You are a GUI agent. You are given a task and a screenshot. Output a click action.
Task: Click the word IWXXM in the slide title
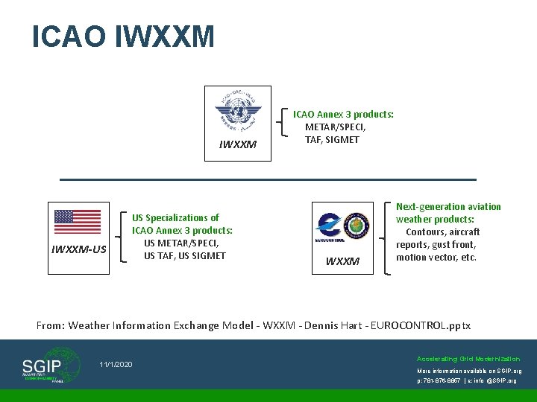pyautogui.click(x=165, y=36)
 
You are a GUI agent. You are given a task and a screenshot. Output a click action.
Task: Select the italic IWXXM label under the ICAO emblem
pyautogui.click(x=238, y=144)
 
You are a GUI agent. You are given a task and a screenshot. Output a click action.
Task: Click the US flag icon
pyautogui.click(x=78, y=221)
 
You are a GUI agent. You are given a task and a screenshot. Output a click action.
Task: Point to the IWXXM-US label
pyautogui.click(x=78, y=249)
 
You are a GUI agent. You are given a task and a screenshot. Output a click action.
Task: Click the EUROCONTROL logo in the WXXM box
pyautogui.click(x=329, y=226)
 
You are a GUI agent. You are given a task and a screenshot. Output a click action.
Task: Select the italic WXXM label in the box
pyautogui.click(x=342, y=261)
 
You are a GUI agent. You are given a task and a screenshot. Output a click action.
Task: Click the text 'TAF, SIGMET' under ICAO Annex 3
pyautogui.click(x=332, y=139)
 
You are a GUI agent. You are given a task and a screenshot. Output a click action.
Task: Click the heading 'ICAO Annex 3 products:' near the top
pyautogui.click(x=343, y=114)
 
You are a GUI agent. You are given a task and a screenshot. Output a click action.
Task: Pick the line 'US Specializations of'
pyautogui.click(x=176, y=217)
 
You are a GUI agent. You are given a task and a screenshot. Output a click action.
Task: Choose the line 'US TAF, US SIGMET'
pyautogui.click(x=184, y=255)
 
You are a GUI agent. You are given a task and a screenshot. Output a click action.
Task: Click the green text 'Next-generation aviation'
pyautogui.click(x=448, y=206)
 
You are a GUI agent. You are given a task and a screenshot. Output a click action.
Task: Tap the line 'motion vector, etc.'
pyautogui.click(x=436, y=257)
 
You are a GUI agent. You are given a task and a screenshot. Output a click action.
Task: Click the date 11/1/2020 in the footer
pyautogui.click(x=116, y=364)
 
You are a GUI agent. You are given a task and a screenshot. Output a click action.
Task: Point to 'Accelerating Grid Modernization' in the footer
pyautogui.click(x=468, y=358)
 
